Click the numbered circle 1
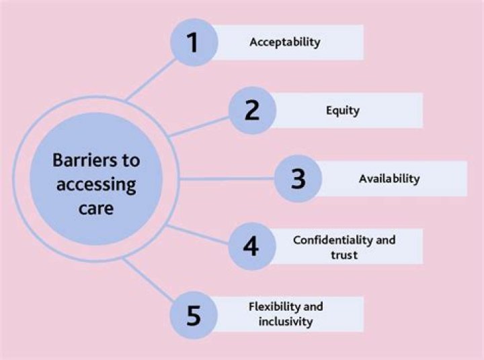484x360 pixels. (x=194, y=42)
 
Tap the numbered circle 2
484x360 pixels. (x=252, y=110)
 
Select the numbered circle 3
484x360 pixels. (x=298, y=178)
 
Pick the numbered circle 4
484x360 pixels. (x=252, y=246)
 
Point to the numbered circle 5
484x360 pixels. (x=194, y=315)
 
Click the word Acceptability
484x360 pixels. (x=285, y=42)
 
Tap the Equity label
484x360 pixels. (x=343, y=110)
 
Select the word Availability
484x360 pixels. (x=389, y=178)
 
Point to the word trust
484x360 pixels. (x=344, y=255)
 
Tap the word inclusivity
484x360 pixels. (x=286, y=322)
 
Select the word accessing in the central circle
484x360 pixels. (x=96, y=185)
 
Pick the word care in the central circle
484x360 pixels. (x=96, y=209)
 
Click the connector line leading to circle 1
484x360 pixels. (x=151, y=80)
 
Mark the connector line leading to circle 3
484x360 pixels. (x=227, y=178)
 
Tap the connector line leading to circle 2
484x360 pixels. (x=199, y=127)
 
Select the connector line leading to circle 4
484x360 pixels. (x=198, y=235)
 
